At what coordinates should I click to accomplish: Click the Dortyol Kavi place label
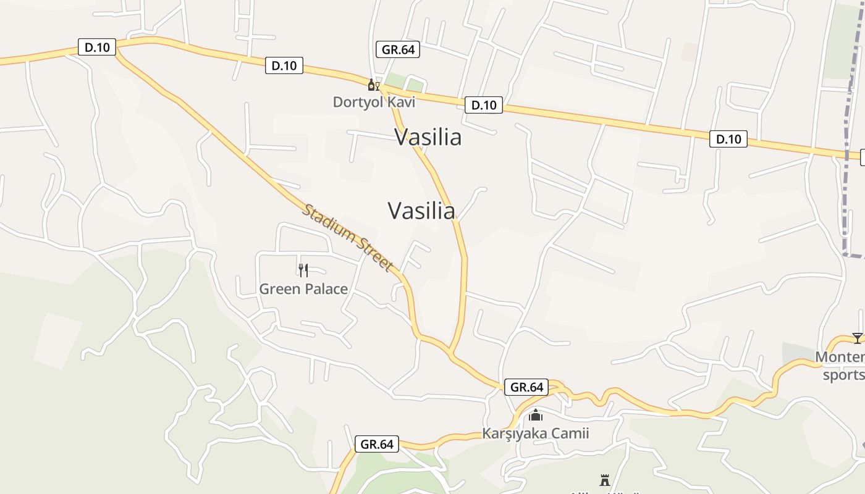pos(374,102)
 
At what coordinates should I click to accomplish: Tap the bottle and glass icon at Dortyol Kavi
pos(373,85)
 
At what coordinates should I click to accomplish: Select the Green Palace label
pos(303,288)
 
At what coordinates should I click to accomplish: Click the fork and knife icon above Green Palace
pos(303,270)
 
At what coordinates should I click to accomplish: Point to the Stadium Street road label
pos(348,237)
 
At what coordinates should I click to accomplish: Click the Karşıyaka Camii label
pos(535,433)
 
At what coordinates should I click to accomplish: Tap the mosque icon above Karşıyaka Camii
pos(535,416)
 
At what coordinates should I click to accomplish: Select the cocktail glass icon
pos(857,338)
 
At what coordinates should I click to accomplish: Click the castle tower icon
pos(605,480)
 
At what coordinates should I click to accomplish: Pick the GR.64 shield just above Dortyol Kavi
pos(398,49)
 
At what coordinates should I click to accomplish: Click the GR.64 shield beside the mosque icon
pos(526,387)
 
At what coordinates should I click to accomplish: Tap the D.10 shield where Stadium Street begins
pos(97,47)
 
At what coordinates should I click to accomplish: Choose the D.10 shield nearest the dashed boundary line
pos(728,139)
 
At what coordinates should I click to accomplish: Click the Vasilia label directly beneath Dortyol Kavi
pos(428,137)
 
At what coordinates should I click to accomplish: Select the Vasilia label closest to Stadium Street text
pos(421,211)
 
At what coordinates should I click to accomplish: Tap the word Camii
pos(571,433)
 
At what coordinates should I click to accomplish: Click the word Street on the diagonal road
pos(375,255)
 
